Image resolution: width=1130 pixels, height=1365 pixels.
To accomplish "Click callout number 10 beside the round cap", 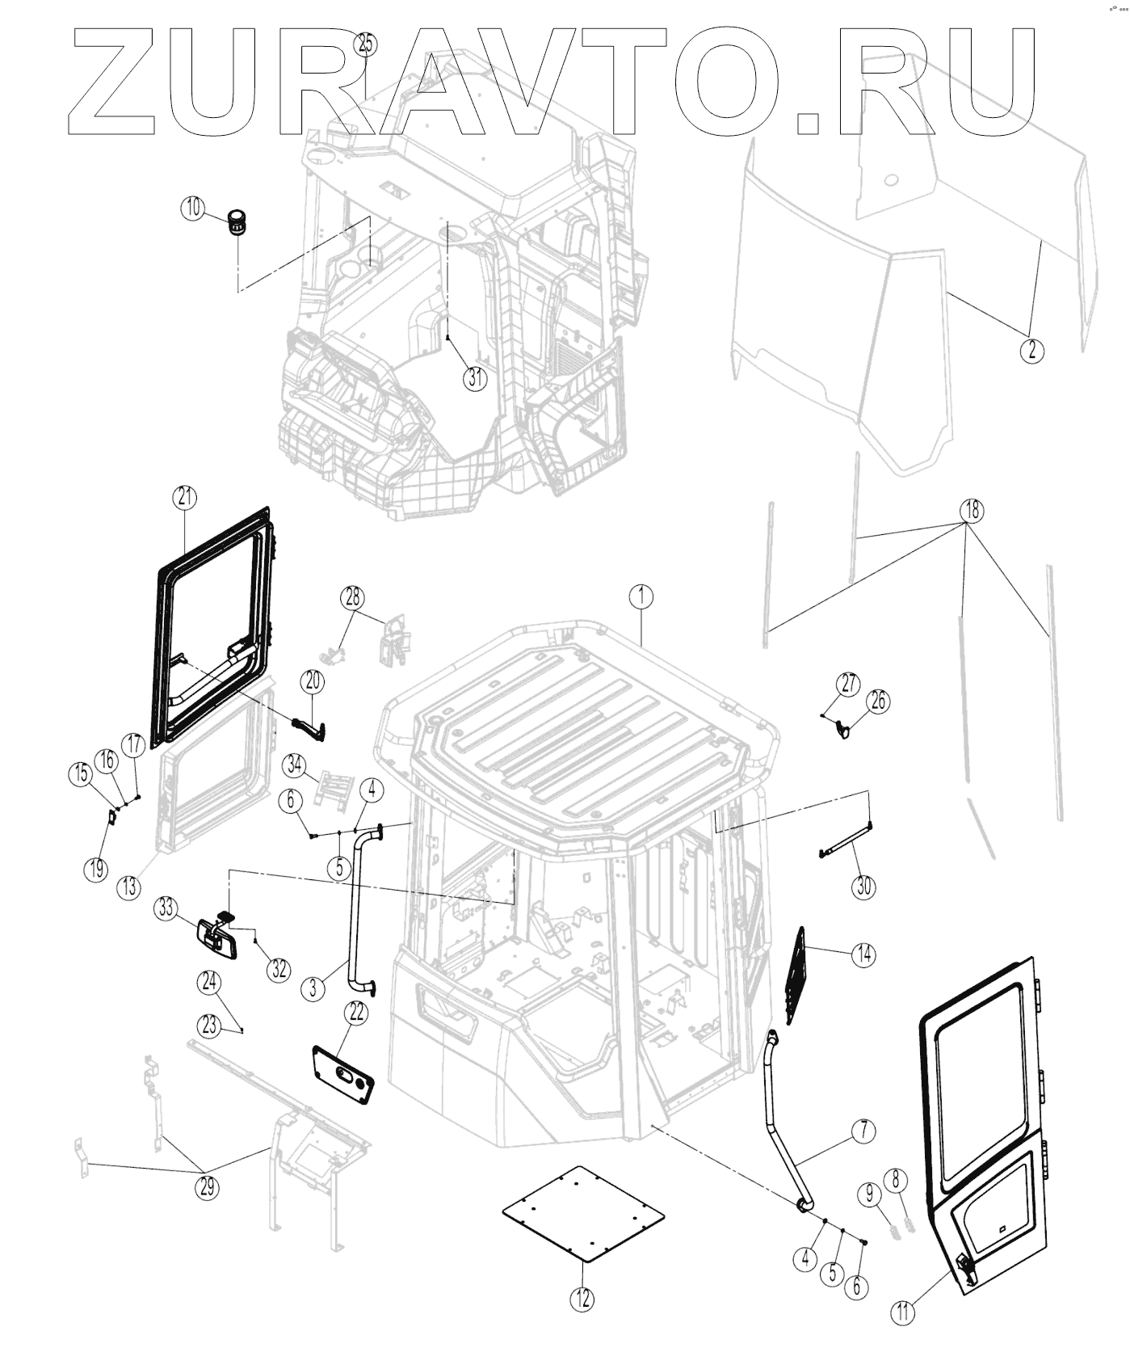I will tap(192, 208).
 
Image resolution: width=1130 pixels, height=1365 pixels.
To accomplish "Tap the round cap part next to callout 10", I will tap(237, 222).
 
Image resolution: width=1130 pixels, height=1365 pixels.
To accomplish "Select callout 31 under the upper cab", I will tap(475, 377).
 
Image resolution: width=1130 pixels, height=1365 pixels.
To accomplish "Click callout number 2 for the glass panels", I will tap(1031, 350).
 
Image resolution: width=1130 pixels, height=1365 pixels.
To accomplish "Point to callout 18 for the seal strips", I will tap(971, 510).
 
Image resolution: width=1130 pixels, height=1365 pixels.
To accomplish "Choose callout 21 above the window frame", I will tap(186, 498).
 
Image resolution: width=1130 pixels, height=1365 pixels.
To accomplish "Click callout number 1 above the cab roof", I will tap(641, 597).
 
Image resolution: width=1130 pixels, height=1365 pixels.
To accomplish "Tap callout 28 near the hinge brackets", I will tap(352, 598).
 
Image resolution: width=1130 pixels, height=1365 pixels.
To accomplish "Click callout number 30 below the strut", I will tap(864, 886).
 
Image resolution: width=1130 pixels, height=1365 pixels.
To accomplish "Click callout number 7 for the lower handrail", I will tap(863, 1131).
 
